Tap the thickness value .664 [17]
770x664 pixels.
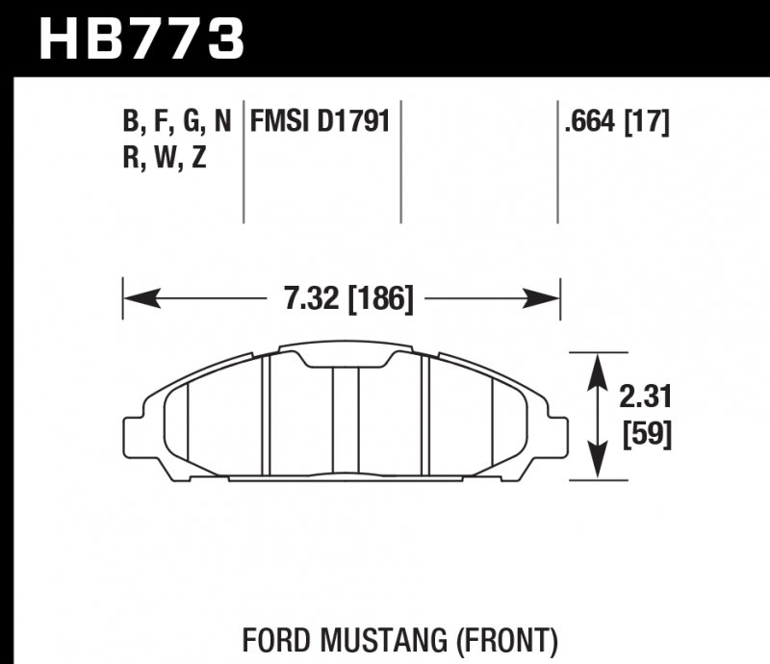click(617, 122)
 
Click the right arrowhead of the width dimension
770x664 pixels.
click(546, 299)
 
